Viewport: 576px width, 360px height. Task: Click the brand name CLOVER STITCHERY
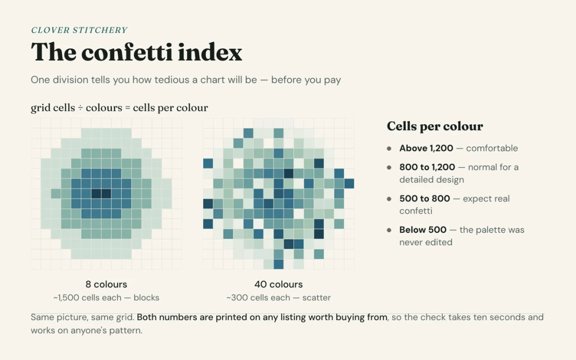pos(79,30)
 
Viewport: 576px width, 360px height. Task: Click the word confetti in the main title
pos(127,52)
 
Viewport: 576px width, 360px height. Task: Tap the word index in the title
pos(210,52)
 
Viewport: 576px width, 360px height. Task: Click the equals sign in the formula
pos(128,108)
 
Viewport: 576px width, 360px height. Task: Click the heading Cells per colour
pos(435,126)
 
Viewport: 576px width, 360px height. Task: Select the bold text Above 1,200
pos(426,148)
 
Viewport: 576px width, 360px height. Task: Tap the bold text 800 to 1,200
pos(427,167)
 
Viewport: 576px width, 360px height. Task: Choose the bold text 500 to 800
pos(425,199)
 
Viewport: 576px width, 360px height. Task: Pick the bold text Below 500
pos(423,229)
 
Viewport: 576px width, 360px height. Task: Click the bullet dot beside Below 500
pos(389,230)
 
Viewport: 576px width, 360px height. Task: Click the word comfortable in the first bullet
pos(492,148)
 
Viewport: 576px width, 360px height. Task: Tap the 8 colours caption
pos(106,284)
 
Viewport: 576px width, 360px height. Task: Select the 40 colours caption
pos(278,284)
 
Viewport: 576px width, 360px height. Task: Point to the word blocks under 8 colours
pos(146,298)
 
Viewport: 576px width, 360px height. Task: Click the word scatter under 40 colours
pos(316,298)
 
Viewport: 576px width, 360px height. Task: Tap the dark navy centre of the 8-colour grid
pos(101,193)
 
